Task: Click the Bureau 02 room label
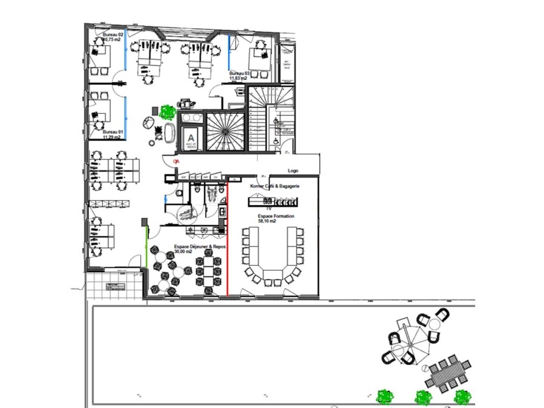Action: point(113,34)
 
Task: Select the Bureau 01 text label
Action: point(113,132)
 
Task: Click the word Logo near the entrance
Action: point(293,170)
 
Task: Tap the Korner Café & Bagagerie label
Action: point(275,186)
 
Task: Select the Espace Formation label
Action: point(276,216)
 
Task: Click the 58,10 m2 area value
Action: point(267,221)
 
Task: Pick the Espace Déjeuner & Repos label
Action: point(200,246)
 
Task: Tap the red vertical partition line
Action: point(228,238)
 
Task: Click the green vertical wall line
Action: point(147,246)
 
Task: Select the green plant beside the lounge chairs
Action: point(167,112)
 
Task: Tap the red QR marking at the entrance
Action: point(176,161)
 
